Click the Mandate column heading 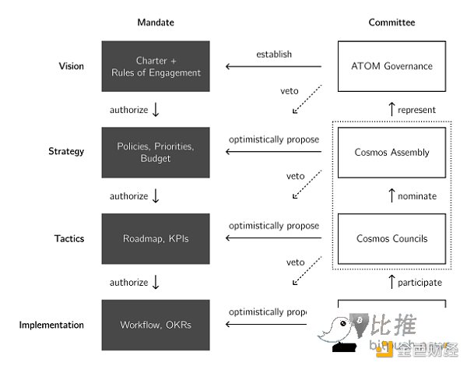(156, 23)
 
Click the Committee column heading (392, 23)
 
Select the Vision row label (71, 66)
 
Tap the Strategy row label (66, 152)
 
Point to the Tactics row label (68, 238)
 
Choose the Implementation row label (51, 325)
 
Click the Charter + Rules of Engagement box (156, 66)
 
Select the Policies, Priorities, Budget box (156, 152)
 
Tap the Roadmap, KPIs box (156, 238)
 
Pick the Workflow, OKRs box (156, 325)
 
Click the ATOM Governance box (391, 66)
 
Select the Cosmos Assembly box (391, 152)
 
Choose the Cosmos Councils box (391, 238)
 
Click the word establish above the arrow (275, 54)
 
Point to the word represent (416, 110)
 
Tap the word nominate (417, 196)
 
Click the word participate (420, 282)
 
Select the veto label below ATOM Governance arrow (290, 90)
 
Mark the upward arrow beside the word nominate (391, 196)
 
